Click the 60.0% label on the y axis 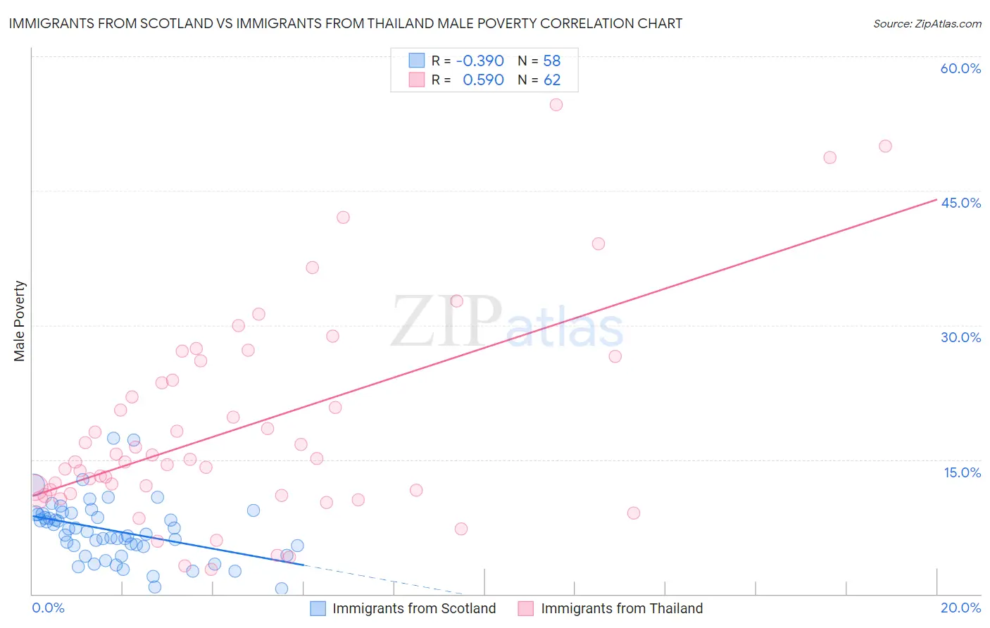click(x=960, y=68)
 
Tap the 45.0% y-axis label click(x=960, y=203)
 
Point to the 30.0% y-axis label click(x=960, y=337)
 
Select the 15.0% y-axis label click(x=962, y=472)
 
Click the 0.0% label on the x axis click(x=48, y=608)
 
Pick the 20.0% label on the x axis click(x=960, y=608)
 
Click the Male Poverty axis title click(x=20, y=321)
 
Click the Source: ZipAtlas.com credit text click(x=927, y=23)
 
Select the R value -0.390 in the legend click(x=480, y=61)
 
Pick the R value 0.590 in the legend click(x=483, y=80)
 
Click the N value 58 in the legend click(x=552, y=61)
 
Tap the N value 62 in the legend click(x=552, y=80)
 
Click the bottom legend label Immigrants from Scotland click(x=414, y=608)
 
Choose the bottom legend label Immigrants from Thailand click(x=622, y=608)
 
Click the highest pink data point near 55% click(x=556, y=105)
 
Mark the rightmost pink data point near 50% click(x=885, y=146)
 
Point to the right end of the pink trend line click(x=936, y=199)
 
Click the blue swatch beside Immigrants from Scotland click(x=318, y=608)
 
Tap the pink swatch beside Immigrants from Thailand click(x=526, y=608)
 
